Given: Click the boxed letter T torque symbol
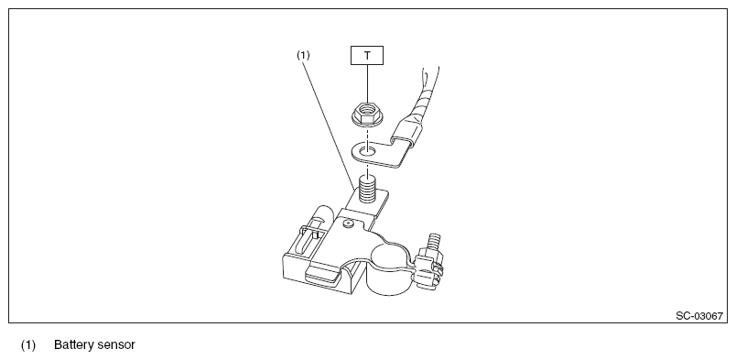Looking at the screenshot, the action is click(367, 55).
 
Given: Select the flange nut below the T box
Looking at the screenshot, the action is click(367, 115).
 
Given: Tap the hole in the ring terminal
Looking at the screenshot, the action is click(367, 151).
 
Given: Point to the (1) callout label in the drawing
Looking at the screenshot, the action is click(303, 55).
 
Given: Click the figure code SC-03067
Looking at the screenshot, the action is click(698, 316).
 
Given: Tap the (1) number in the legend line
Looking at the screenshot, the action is click(28, 345).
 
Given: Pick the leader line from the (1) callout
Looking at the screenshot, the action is click(329, 125).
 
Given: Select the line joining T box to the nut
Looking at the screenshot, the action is click(367, 83).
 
